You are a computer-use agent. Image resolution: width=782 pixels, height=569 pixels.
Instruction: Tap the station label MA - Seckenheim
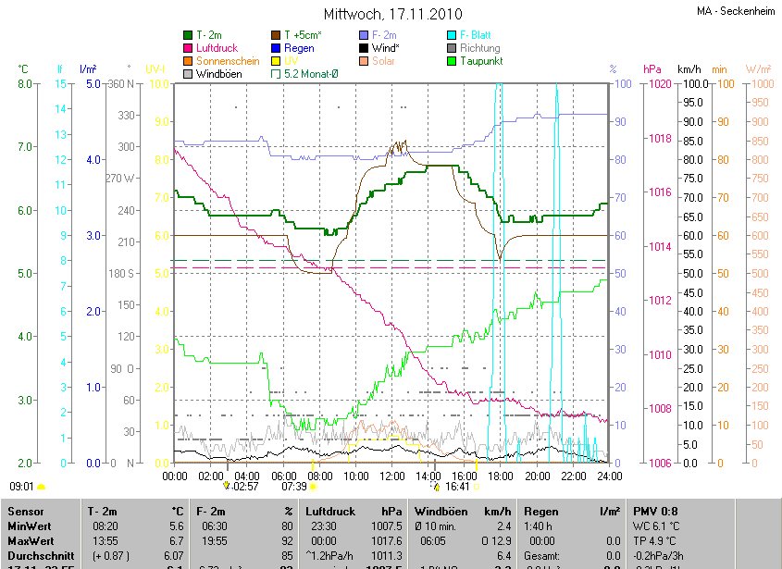point(736,11)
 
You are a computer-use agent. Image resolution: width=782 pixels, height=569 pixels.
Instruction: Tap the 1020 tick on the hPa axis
point(660,84)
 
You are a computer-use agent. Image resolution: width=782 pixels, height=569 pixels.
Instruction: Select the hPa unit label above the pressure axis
point(652,69)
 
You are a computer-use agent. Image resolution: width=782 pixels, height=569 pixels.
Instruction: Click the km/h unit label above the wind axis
point(689,69)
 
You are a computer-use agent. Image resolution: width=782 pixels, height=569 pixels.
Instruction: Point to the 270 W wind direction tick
point(120,179)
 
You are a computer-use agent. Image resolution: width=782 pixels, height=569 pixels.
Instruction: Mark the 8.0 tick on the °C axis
point(24,84)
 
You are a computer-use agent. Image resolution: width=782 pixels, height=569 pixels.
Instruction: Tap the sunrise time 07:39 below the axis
point(293,486)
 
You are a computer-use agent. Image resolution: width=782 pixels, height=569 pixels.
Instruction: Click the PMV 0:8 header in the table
point(655,511)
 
